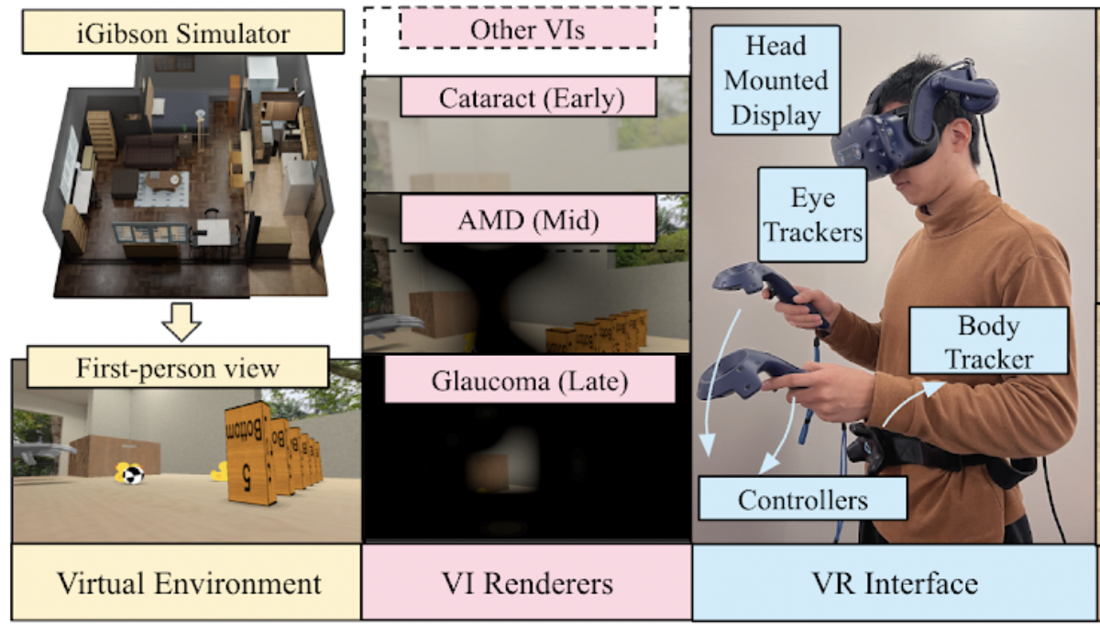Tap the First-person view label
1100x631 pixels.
click(x=178, y=368)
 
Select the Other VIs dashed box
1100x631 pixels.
click(x=527, y=29)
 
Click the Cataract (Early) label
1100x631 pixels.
click(x=528, y=97)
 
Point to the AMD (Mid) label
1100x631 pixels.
click(x=528, y=220)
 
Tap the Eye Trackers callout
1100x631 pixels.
click(x=812, y=216)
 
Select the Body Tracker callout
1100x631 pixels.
click(x=988, y=342)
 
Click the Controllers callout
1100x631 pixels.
click(x=802, y=500)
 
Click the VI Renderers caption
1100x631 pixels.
click(x=527, y=582)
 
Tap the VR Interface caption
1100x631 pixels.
click(x=894, y=582)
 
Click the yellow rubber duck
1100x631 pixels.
click(x=218, y=473)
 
